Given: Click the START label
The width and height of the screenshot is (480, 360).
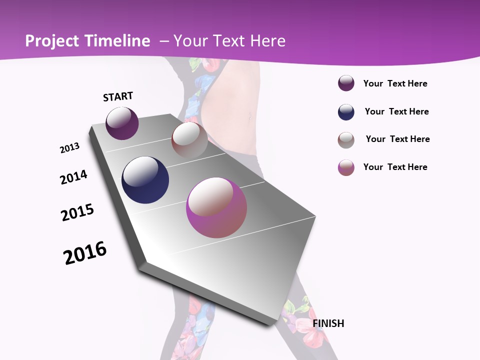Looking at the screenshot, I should coord(118,96).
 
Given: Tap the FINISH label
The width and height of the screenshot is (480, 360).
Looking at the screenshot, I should coord(328,323).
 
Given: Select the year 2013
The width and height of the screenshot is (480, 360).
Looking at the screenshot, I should coord(69,148).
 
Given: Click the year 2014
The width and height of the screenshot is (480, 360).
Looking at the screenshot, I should coord(73,177).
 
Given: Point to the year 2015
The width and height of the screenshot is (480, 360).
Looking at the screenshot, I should coord(77,212).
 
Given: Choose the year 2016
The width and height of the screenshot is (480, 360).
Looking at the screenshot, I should coord(85,253).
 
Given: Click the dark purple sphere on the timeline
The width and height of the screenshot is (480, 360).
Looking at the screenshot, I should coord(122,123).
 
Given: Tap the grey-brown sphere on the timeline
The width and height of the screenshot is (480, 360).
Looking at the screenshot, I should coord(189,139).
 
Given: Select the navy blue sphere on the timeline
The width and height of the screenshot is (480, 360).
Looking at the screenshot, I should coord(145,180).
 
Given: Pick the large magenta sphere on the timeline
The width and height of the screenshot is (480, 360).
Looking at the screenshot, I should coord(216,207).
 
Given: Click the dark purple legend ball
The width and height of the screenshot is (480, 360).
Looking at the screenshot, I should coord(346,83).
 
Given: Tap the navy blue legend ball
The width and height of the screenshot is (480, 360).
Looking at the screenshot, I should coord(346,112).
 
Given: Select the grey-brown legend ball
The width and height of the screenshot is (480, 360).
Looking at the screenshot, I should coord(346,140).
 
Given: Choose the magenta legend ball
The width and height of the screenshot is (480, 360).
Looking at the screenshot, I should coord(346,167).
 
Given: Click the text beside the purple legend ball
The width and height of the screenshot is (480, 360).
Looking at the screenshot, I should coord(395,83).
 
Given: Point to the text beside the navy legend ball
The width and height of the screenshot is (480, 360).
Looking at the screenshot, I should coord(396,111).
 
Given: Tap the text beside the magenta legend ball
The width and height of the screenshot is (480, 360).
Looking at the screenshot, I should coord(395,167).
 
